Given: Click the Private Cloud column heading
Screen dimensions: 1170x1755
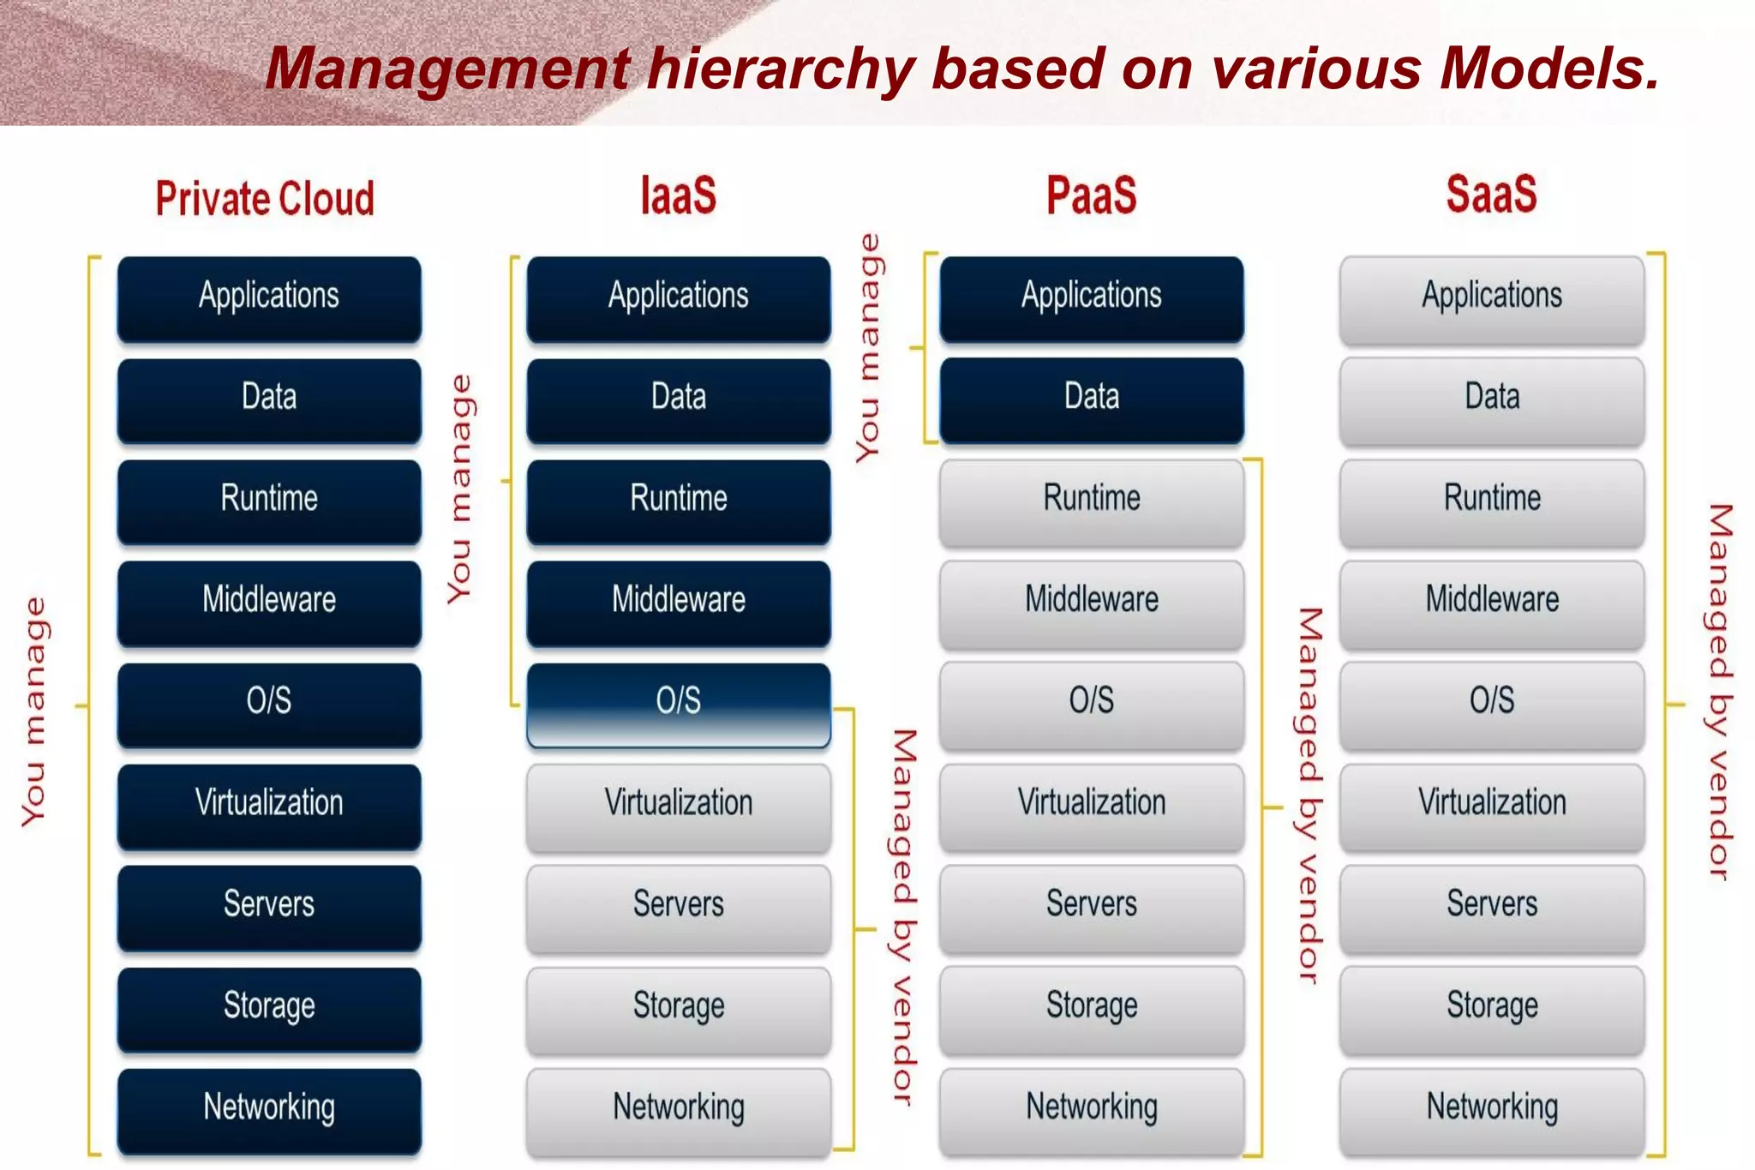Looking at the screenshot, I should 265,198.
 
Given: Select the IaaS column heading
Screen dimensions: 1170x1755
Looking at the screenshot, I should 678,195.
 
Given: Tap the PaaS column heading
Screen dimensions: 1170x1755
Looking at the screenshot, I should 1091,195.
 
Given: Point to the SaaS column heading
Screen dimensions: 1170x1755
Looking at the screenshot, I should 1491,194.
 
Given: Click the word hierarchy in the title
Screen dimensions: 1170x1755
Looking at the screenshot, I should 781,69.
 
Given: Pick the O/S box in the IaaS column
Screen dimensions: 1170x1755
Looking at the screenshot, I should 678,701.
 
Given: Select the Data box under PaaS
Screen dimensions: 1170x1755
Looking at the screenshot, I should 1091,398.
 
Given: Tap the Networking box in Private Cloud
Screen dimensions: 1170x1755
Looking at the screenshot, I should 269,1107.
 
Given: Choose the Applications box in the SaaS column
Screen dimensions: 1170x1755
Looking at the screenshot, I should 1492,297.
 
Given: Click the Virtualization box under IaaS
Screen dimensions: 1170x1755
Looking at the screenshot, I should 678,803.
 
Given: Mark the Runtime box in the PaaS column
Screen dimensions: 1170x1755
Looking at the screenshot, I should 1091,499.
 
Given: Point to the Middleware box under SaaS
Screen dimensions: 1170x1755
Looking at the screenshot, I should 1492,600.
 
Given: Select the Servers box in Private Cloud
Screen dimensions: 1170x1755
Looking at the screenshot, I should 269,904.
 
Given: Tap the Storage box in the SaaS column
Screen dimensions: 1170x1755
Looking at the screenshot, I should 1492,1005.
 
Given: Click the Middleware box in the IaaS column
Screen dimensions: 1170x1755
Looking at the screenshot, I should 678,600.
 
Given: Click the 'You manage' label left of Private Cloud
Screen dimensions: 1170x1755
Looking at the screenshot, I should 34,711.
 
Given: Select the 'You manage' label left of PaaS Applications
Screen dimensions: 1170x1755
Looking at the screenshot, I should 868,347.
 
